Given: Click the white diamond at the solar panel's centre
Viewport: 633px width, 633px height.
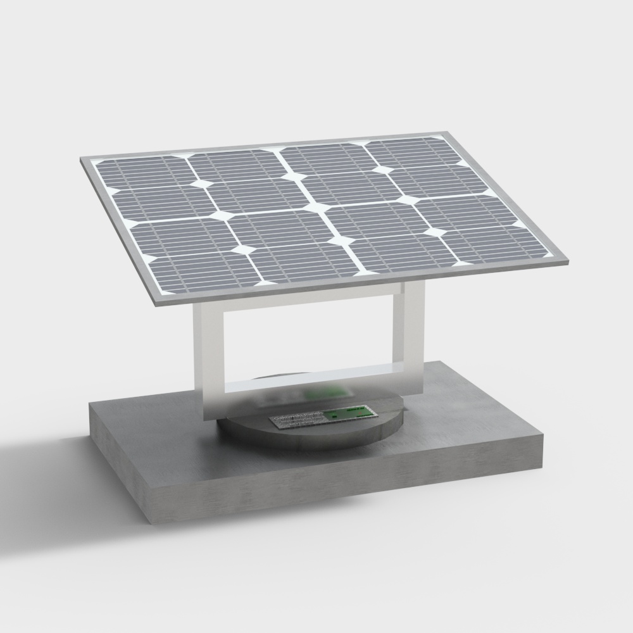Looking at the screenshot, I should (315, 207).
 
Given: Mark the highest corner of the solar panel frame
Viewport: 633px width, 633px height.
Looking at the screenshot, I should (448, 133).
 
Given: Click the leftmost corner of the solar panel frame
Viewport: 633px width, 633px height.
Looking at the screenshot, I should (83, 161).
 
